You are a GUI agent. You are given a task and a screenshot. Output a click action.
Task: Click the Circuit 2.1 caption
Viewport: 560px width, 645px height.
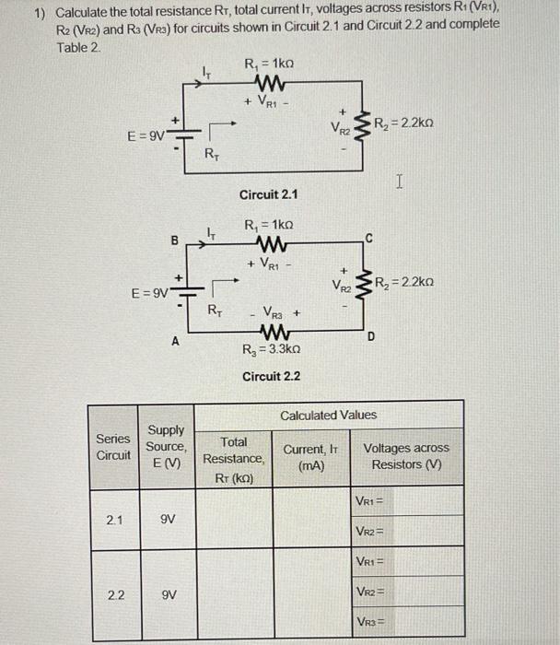[268, 194]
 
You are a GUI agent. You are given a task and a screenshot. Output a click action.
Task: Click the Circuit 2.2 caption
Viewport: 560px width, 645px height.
[271, 376]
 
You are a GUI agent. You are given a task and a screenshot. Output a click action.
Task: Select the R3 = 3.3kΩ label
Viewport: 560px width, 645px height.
[269, 350]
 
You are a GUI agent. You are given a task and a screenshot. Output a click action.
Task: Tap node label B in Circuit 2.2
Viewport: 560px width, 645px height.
[174, 241]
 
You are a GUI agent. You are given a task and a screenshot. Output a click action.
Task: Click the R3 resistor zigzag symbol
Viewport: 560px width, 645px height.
[273, 331]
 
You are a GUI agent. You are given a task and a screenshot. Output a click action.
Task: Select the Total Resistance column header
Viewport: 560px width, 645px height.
[233, 458]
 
